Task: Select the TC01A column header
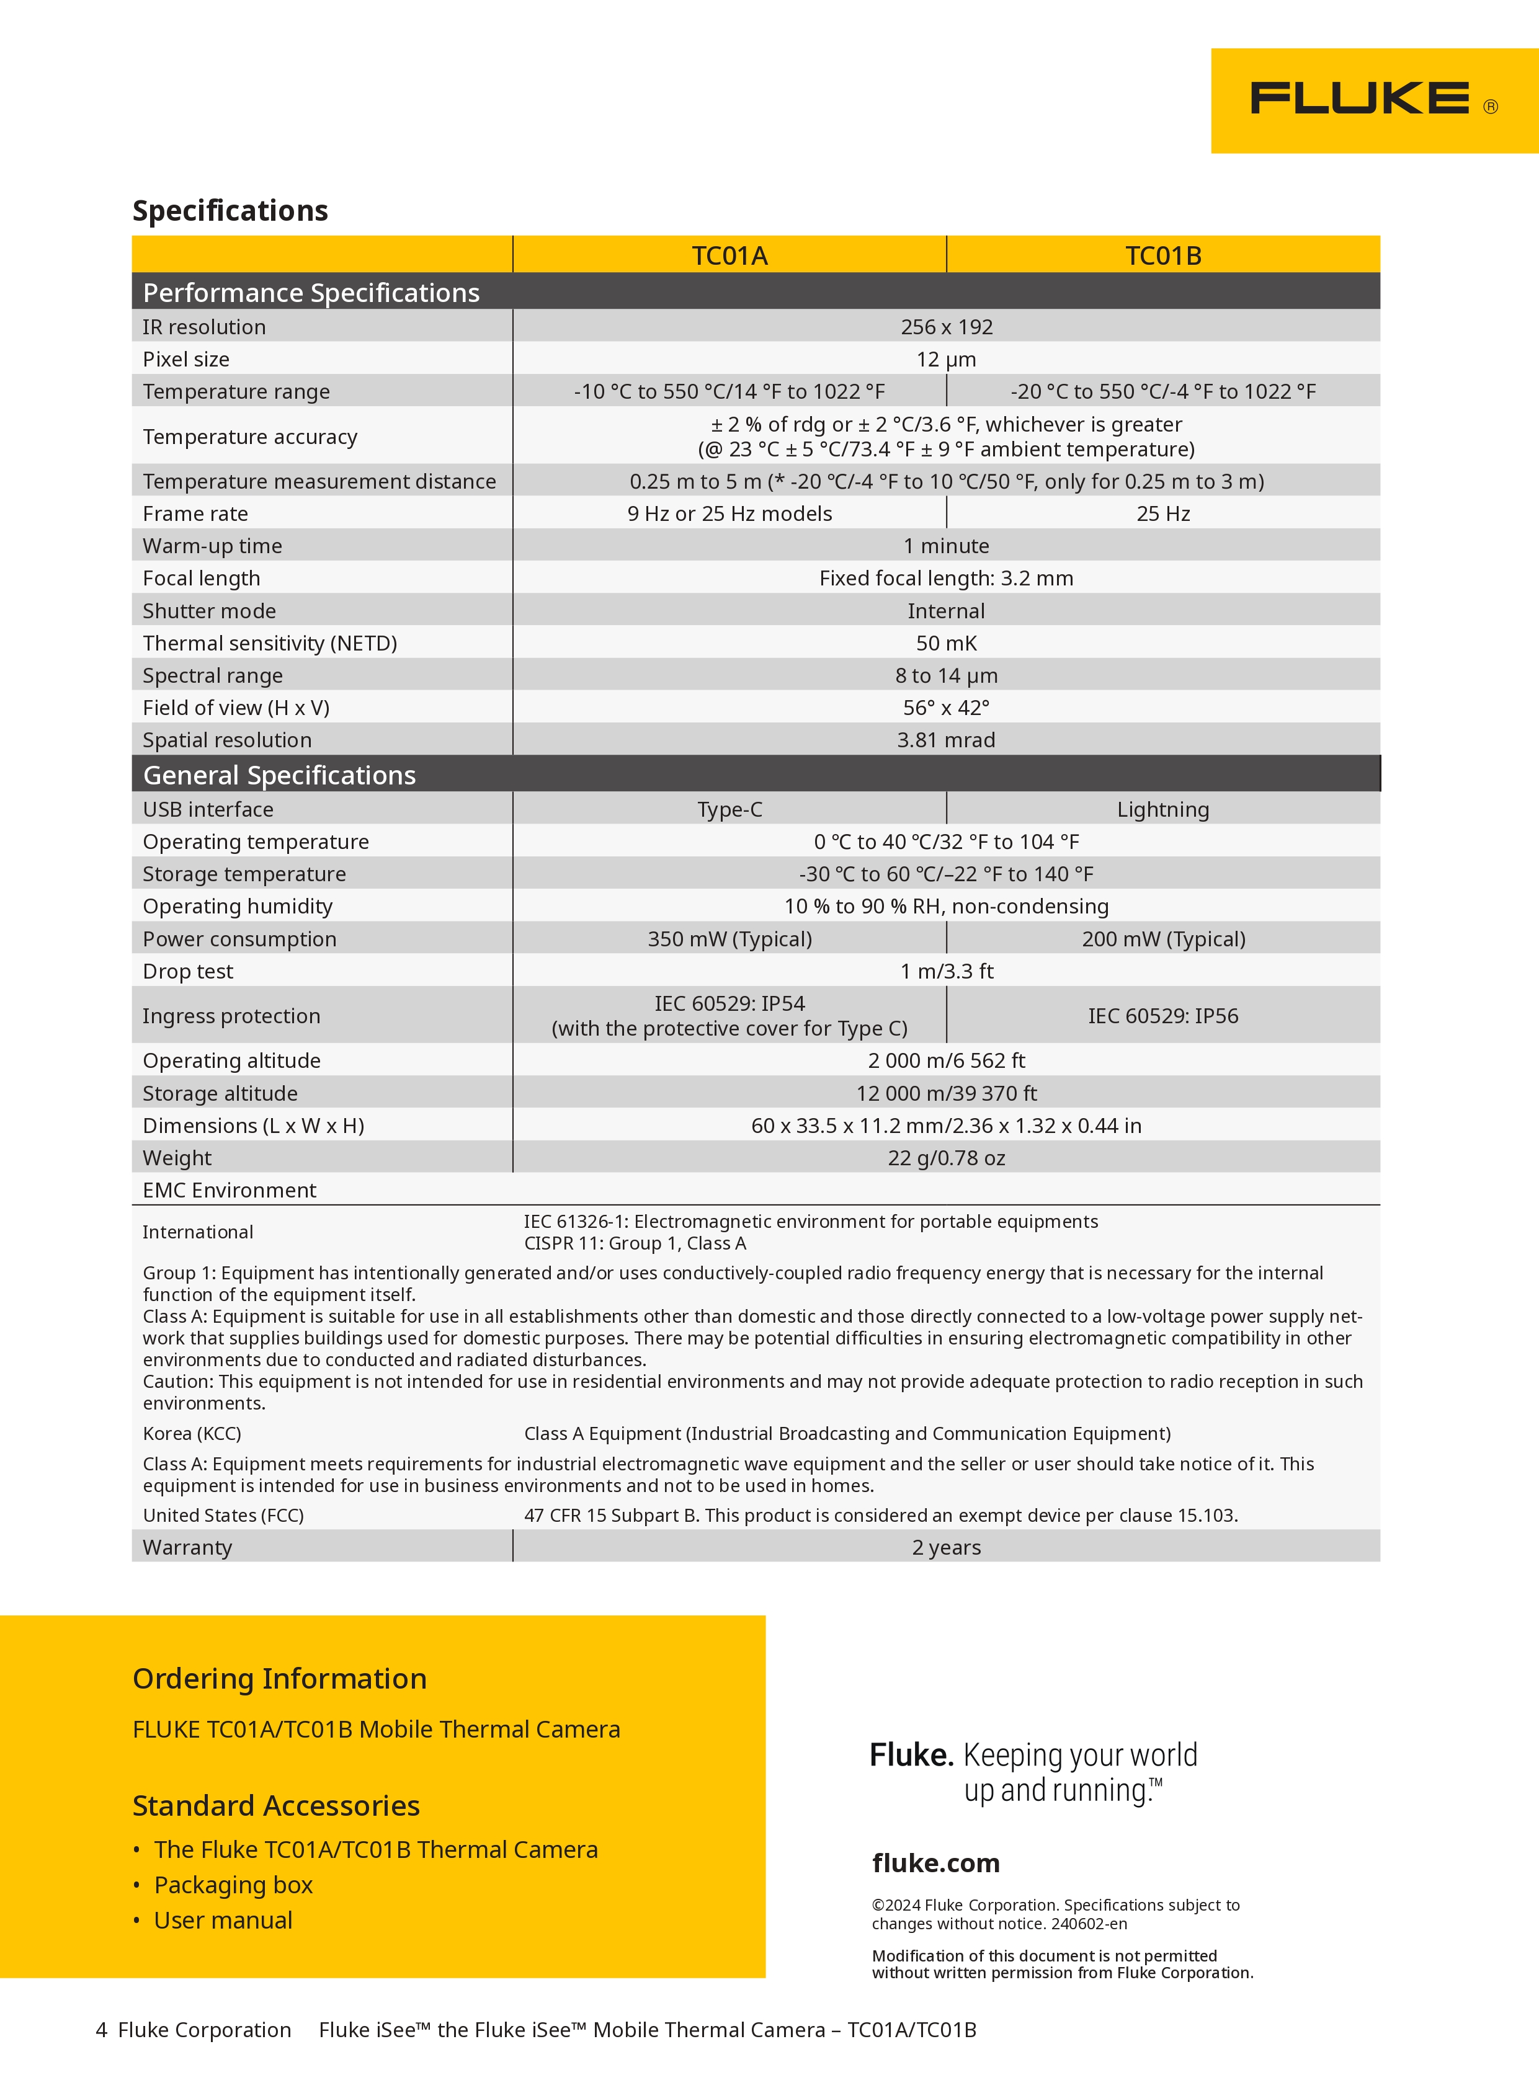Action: [729, 255]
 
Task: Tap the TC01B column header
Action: [1162, 255]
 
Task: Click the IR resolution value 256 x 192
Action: [945, 327]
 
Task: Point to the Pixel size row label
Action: [186, 360]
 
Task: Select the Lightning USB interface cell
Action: [1162, 809]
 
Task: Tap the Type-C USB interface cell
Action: [729, 809]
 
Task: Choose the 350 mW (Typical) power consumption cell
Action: [729, 939]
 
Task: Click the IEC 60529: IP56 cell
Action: [1162, 1016]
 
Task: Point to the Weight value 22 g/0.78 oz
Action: [945, 1158]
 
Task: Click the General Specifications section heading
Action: [280, 775]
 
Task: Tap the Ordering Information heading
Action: [280, 1678]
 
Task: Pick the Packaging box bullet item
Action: [233, 1885]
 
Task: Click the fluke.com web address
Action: [935, 1863]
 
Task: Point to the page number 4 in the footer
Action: [102, 2030]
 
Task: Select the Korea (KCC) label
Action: [192, 1433]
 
